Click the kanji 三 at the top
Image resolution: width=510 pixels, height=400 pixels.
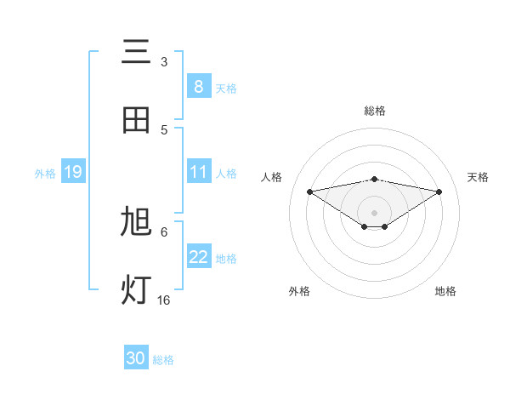(137, 53)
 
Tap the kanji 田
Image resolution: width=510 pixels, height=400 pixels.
(137, 120)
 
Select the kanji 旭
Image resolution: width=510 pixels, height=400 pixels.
(137, 222)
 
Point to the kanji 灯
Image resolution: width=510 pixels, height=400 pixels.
(137, 290)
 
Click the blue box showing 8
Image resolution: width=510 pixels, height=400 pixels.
(199, 87)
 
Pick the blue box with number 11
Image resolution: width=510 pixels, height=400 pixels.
(199, 173)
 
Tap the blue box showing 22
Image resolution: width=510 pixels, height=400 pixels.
(199, 258)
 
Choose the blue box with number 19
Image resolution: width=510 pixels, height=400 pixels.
(72, 173)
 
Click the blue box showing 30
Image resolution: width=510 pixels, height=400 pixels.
(136, 358)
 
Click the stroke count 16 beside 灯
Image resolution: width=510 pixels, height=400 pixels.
(164, 300)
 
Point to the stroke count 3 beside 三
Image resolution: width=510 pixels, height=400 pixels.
(164, 62)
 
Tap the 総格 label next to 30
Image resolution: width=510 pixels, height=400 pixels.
(164, 360)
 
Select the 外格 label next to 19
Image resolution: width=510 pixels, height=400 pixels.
(45, 174)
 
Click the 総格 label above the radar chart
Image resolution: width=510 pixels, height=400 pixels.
(375, 111)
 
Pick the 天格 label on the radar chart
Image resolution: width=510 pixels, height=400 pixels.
(479, 177)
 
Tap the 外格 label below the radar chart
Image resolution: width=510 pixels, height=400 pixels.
(299, 291)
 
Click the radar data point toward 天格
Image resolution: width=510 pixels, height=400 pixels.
(439, 191)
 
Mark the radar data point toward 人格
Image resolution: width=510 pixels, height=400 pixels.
(310, 191)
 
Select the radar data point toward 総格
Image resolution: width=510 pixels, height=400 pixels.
(375, 179)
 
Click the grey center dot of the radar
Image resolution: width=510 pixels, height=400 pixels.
(375, 212)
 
